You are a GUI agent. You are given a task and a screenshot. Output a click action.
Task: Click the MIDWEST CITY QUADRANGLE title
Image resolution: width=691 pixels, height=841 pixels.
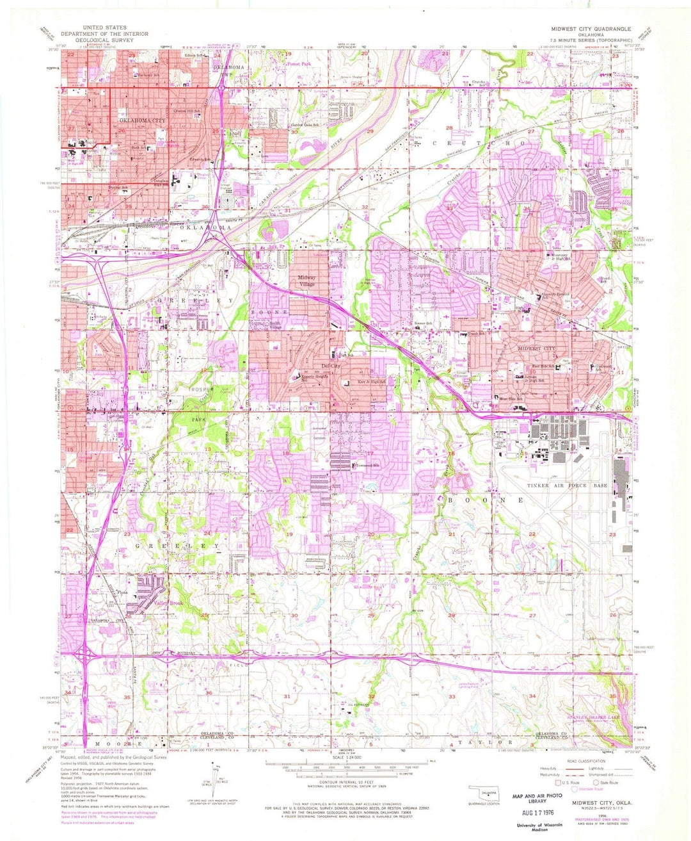(591, 29)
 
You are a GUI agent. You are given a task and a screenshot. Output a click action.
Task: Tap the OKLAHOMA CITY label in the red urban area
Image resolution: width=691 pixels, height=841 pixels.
(141, 120)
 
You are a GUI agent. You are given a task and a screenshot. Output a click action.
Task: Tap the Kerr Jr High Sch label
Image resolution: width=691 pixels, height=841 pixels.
(370, 382)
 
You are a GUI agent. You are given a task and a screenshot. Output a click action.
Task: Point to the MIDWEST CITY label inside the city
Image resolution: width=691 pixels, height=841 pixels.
(537, 348)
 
